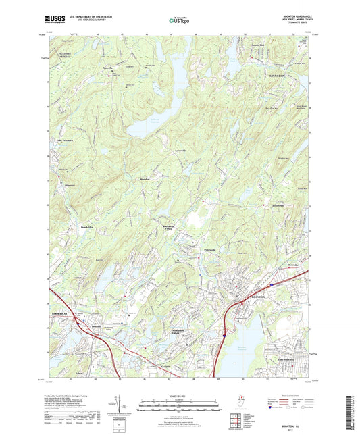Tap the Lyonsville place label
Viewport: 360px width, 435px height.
pos(180,150)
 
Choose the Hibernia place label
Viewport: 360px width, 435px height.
pos(70,185)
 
